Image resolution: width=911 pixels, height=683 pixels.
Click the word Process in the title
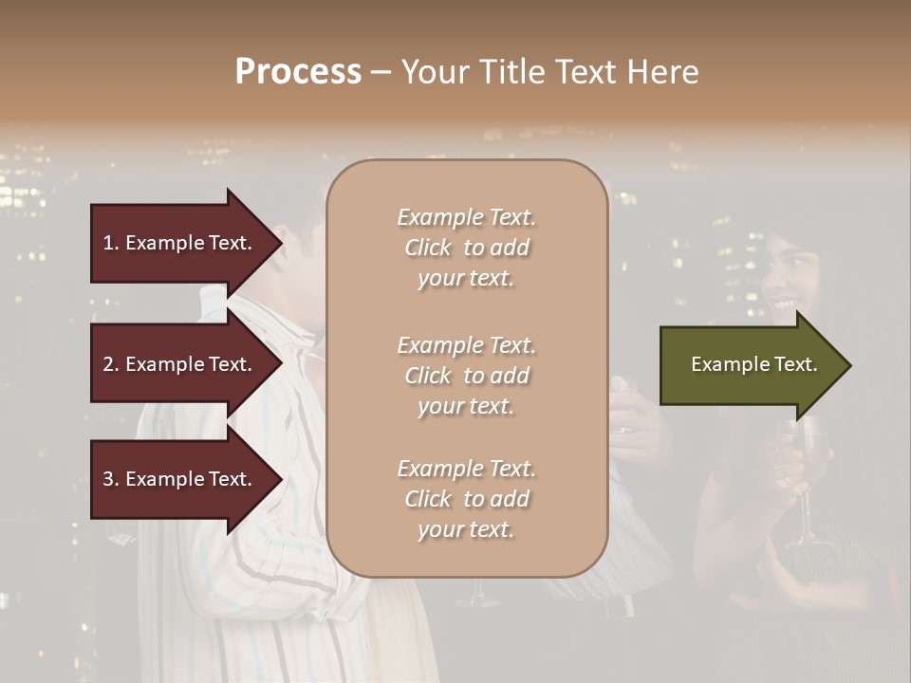298,71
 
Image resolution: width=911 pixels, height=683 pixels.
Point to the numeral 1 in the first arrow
107,243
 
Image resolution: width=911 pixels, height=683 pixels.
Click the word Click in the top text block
429,249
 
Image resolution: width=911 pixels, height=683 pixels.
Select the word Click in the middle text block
429,376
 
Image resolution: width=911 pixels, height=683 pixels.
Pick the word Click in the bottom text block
429,499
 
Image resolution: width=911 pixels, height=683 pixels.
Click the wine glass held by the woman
807,474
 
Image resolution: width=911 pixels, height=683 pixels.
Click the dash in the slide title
381,72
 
